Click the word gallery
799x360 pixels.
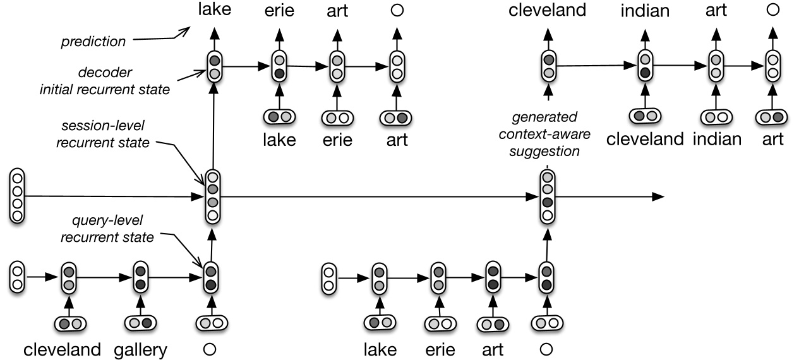click(x=140, y=350)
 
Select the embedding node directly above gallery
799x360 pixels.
click(x=140, y=324)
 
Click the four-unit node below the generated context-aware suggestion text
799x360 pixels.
click(x=547, y=196)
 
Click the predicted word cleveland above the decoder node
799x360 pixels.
click(x=548, y=11)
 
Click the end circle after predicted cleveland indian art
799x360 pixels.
click(x=771, y=10)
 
